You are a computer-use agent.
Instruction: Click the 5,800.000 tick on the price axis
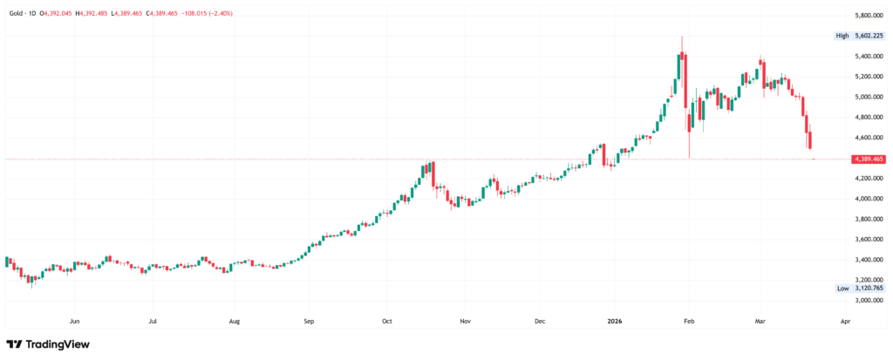tap(868, 16)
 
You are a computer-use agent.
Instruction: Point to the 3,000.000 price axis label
tap(868, 301)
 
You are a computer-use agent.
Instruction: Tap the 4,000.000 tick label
tap(868, 199)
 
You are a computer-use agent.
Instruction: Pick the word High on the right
tap(842, 36)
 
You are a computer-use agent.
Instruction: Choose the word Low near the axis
tap(842, 289)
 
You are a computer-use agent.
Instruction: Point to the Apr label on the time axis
tap(844, 320)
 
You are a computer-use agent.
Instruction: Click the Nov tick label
tap(465, 320)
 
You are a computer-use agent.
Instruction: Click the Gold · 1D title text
tap(22, 14)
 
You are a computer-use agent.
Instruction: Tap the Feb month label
tap(688, 320)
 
